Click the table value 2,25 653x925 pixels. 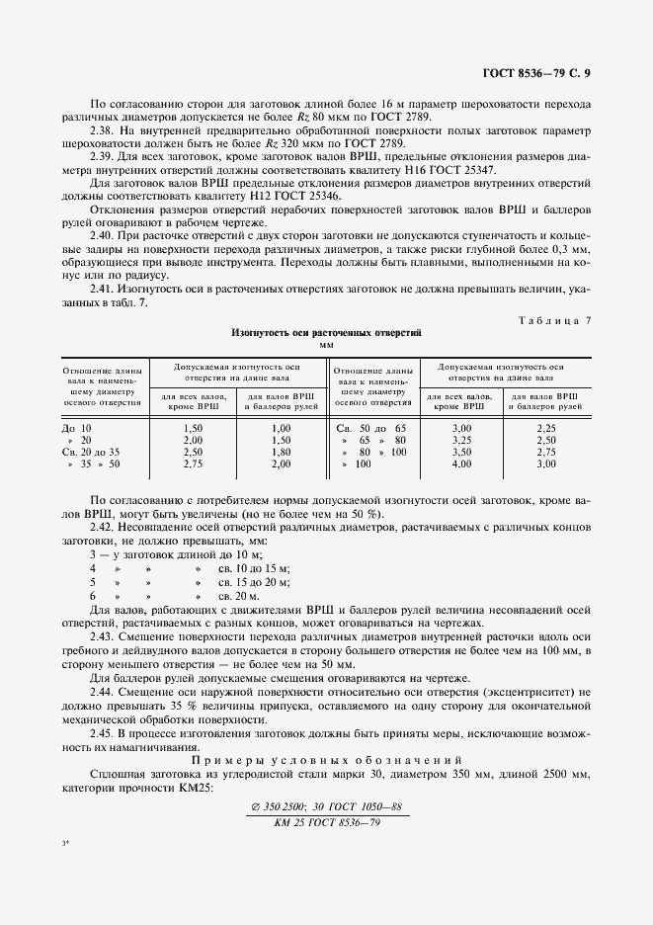[546, 427]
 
